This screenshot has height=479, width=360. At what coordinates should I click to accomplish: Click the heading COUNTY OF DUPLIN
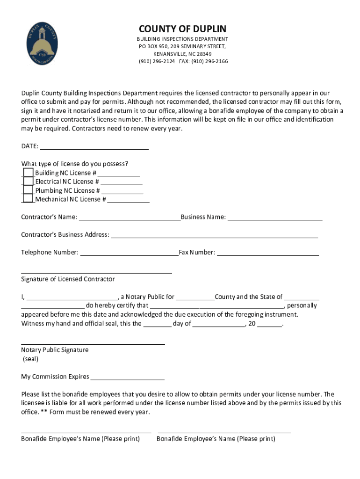tap(182, 29)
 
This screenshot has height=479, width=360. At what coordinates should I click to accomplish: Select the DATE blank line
tap(94, 146)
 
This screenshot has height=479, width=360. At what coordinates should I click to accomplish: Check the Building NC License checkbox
tap(28, 173)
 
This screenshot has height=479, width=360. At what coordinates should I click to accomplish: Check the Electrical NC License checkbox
tap(28, 181)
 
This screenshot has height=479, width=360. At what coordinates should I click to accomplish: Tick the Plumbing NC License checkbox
tap(28, 190)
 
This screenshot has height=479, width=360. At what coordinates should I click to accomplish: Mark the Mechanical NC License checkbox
tap(28, 199)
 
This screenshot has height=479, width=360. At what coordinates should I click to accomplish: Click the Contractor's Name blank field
tap(130, 217)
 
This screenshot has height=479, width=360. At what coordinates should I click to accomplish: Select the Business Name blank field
tap(275, 217)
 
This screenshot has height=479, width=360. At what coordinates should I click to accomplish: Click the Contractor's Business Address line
tap(214, 235)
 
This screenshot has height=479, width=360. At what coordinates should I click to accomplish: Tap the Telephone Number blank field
tap(130, 253)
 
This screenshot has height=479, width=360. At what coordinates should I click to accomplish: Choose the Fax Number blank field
tap(268, 253)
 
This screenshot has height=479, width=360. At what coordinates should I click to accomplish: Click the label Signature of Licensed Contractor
tap(68, 279)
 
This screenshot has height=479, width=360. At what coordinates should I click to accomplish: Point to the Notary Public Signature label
tap(55, 350)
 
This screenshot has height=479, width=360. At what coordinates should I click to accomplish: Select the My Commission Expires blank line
tap(128, 377)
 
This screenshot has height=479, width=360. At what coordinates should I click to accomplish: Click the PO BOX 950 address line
tap(182, 47)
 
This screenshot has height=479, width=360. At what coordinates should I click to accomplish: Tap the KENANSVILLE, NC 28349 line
tap(182, 54)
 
